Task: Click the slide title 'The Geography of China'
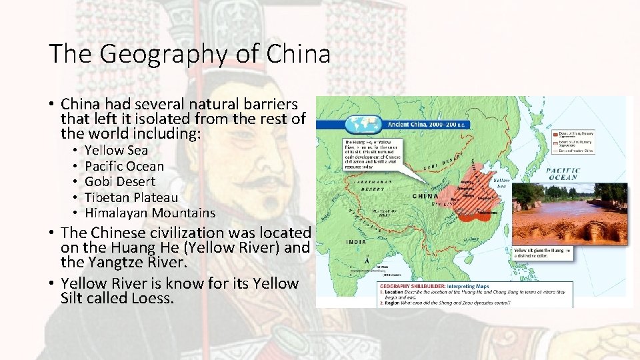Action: pos(189,53)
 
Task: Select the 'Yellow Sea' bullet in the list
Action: pos(116,151)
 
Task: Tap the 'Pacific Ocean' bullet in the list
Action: pos(124,166)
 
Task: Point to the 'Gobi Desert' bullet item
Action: pos(120,181)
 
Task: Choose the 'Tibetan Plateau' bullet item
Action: pos(131,197)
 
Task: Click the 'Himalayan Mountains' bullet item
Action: pos(150,213)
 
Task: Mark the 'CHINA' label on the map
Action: pos(425,197)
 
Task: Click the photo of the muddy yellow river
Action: pos(569,213)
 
